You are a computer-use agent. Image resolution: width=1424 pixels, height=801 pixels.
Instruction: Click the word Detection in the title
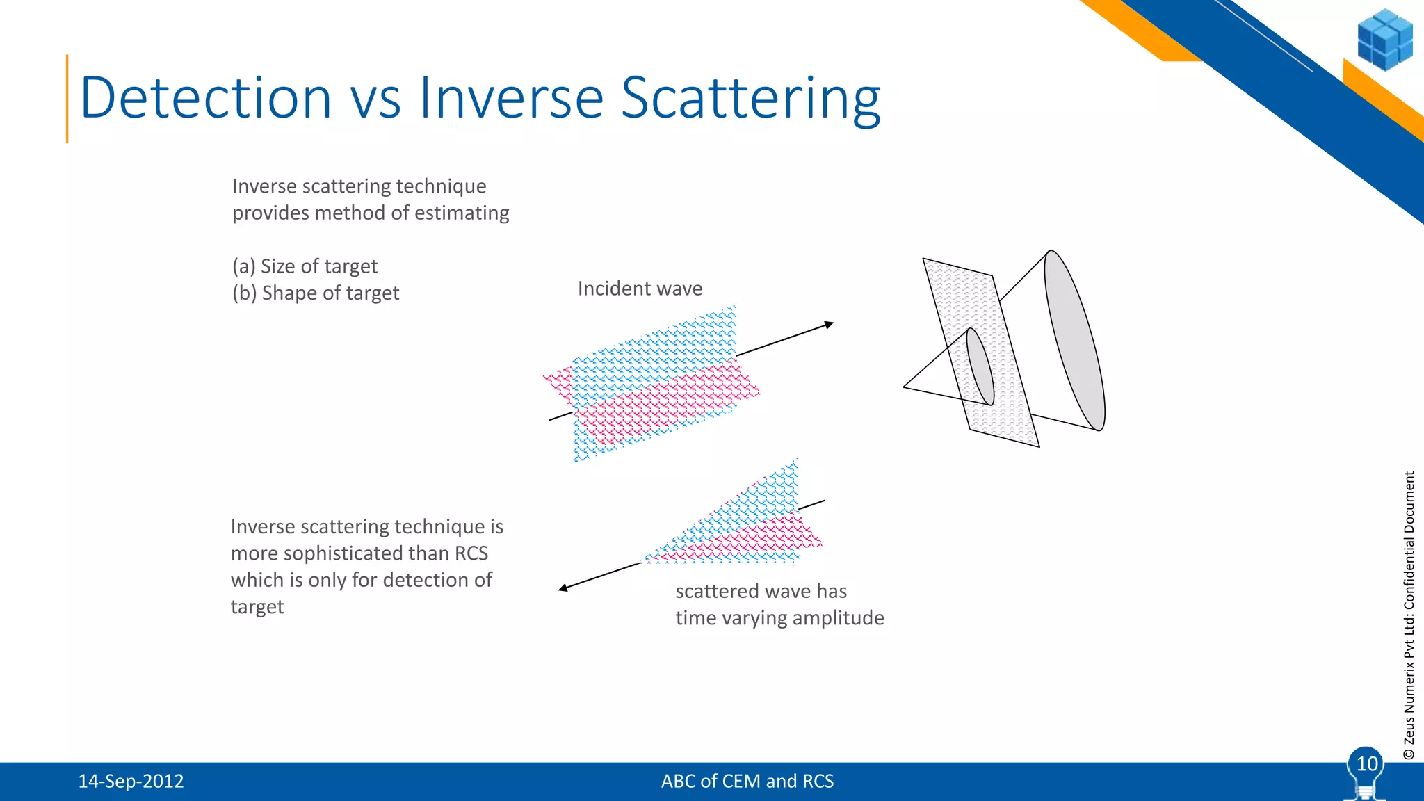point(206,98)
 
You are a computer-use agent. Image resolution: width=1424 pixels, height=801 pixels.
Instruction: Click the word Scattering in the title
point(750,98)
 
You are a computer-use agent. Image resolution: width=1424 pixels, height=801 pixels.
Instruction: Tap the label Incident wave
point(640,289)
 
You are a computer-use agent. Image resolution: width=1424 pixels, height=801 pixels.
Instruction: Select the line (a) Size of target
point(305,266)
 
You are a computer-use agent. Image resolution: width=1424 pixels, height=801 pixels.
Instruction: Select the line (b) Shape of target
point(316,293)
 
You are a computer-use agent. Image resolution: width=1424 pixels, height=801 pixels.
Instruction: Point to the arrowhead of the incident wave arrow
point(829,324)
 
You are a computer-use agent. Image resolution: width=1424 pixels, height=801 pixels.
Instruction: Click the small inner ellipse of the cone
point(980,366)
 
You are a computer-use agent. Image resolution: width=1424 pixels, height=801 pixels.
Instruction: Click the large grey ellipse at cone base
point(1075,341)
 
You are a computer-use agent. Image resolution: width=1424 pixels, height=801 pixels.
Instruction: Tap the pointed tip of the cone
point(905,387)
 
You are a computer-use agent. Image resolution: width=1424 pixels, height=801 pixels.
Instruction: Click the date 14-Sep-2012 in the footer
point(131,782)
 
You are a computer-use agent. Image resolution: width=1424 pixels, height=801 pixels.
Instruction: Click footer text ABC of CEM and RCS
point(747,782)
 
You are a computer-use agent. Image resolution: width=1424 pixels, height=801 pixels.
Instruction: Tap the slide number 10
point(1366,764)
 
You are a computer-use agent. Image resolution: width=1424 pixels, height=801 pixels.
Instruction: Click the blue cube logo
point(1384,40)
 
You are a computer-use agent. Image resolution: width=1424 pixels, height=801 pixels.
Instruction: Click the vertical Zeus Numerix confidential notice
point(1409,615)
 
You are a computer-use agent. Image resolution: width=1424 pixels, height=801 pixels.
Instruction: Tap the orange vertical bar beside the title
point(67,98)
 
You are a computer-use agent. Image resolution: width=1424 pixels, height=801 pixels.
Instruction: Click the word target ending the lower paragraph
point(257,607)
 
